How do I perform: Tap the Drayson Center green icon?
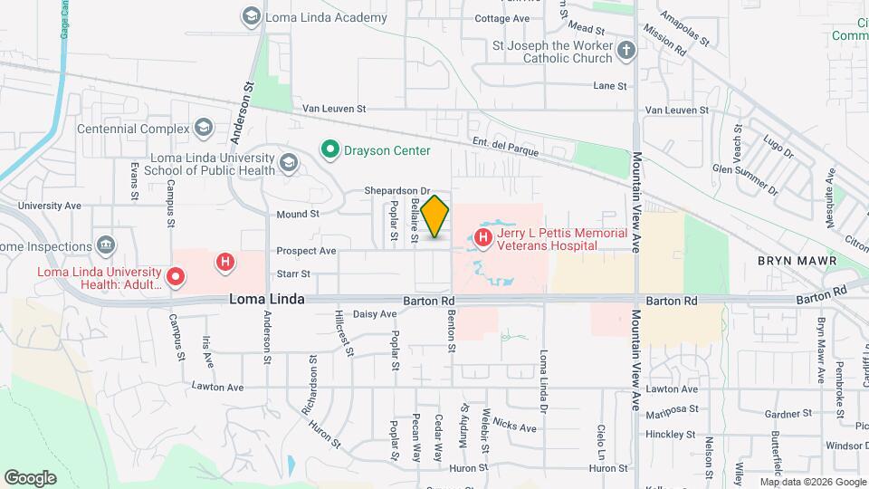click(x=330, y=149)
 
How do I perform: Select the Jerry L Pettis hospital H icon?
click(x=482, y=238)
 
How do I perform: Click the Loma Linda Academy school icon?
click(x=251, y=16)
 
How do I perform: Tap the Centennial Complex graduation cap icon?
click(x=204, y=129)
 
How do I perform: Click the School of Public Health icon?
click(x=289, y=163)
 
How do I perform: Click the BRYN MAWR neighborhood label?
click(x=795, y=261)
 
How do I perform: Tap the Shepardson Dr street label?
click(x=395, y=191)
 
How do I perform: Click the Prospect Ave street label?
click(x=306, y=251)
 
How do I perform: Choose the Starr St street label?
click(x=293, y=273)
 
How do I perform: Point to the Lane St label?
click(x=610, y=86)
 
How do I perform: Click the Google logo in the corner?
click(x=30, y=477)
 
